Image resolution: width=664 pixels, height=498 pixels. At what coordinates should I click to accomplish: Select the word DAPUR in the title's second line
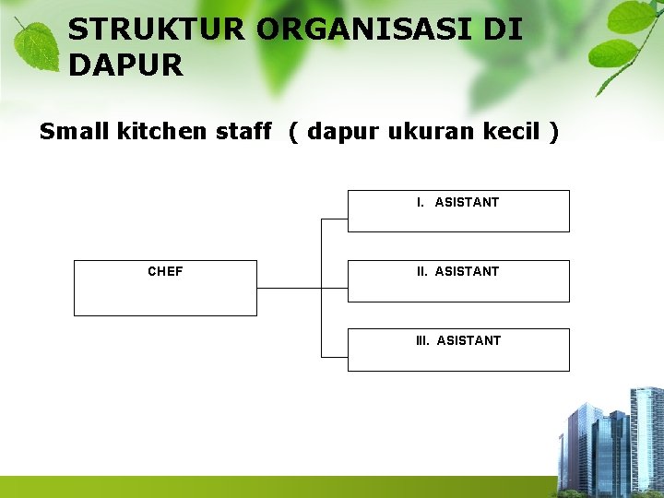point(125,65)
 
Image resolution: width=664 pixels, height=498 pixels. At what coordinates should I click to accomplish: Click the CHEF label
point(165,271)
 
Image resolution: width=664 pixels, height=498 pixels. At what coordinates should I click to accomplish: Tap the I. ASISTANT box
point(458,210)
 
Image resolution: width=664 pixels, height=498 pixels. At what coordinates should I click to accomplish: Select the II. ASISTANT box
point(458,280)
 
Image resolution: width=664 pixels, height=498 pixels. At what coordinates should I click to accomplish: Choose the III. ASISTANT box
point(458,350)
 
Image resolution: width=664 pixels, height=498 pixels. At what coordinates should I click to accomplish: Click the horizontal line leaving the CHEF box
point(288,288)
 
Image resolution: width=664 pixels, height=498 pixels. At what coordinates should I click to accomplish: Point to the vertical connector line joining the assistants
point(321,314)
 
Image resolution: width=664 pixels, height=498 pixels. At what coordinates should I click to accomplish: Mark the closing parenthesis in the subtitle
point(552,132)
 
